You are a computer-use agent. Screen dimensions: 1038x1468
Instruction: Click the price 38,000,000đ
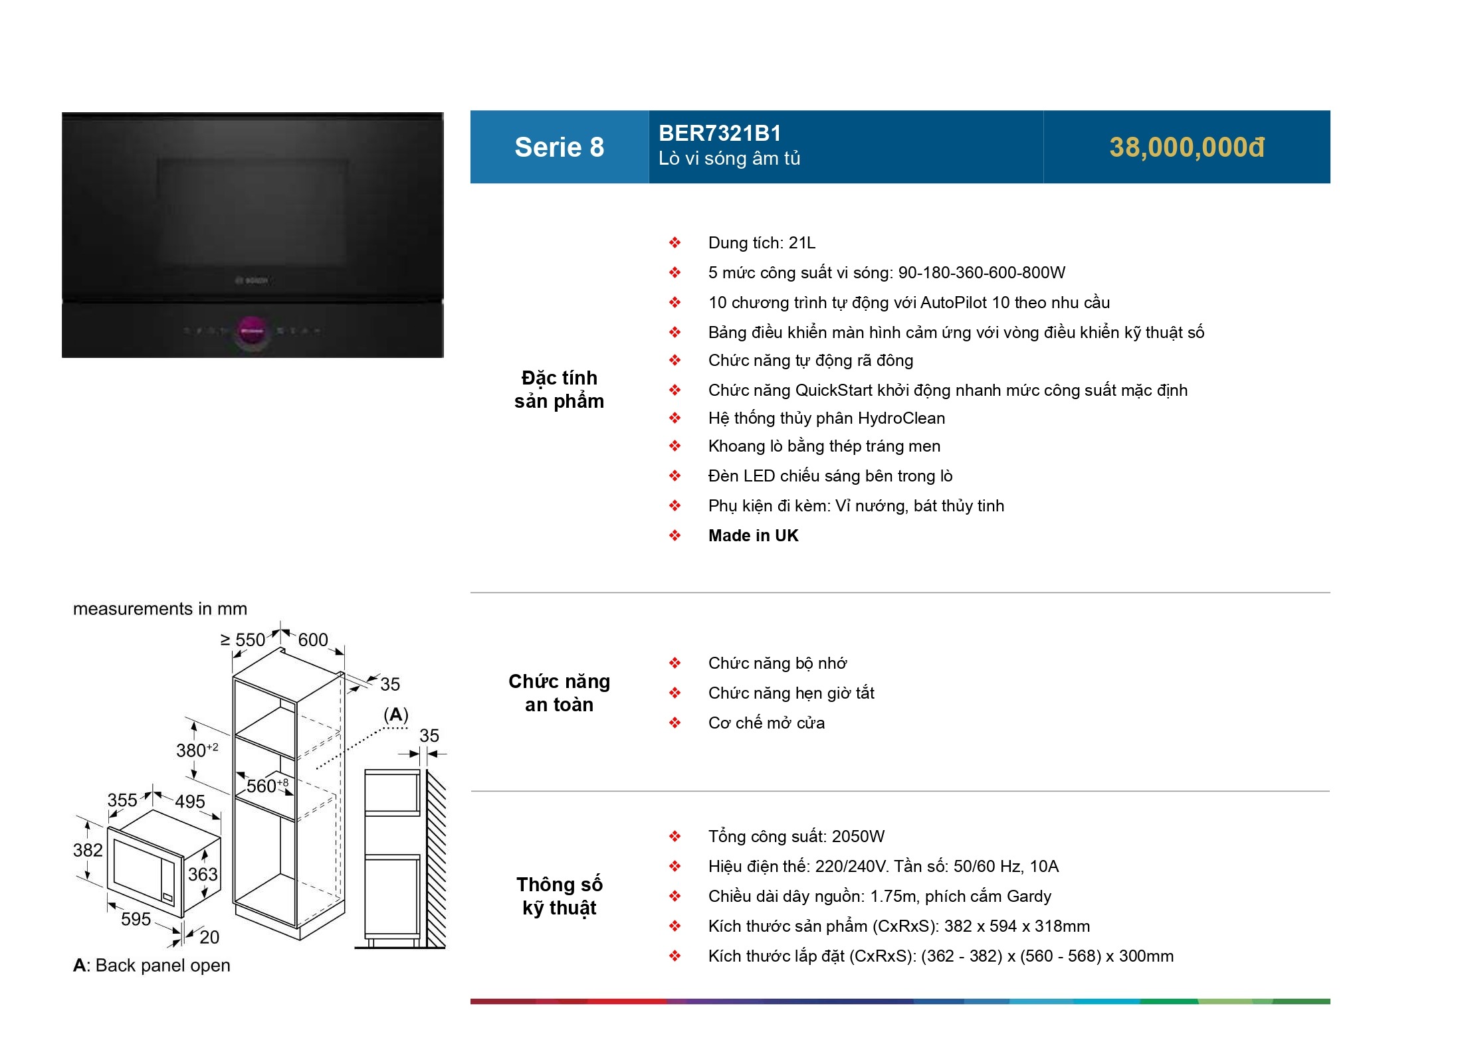tap(1186, 147)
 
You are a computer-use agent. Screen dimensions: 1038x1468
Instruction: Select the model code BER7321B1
tap(719, 133)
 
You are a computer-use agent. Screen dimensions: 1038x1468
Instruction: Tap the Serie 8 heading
tap(559, 147)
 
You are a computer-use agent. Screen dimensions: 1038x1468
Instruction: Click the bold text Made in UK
tap(753, 536)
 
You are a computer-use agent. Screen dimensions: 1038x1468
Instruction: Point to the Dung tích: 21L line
tap(762, 243)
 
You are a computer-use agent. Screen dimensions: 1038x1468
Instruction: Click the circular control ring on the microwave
tap(252, 330)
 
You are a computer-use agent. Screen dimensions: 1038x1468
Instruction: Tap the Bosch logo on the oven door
tap(252, 281)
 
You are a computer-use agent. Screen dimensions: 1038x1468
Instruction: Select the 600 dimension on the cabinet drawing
tap(312, 640)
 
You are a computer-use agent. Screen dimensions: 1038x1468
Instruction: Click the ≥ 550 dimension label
tap(243, 640)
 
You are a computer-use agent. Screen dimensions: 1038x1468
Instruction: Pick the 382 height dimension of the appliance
tap(88, 850)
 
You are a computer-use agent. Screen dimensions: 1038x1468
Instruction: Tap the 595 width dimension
tap(136, 919)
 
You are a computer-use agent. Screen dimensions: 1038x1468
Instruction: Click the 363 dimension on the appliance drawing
tap(203, 874)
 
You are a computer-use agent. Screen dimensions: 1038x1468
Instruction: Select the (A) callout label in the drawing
tap(396, 715)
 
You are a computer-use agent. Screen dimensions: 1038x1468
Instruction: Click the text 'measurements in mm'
tap(159, 609)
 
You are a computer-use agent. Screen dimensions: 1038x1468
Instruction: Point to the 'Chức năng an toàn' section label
tap(559, 693)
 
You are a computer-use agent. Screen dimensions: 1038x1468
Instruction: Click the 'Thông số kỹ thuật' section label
tap(559, 896)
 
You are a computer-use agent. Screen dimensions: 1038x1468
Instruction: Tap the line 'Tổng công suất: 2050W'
tap(796, 837)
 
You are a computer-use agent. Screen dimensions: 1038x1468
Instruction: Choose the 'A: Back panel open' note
tap(152, 966)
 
